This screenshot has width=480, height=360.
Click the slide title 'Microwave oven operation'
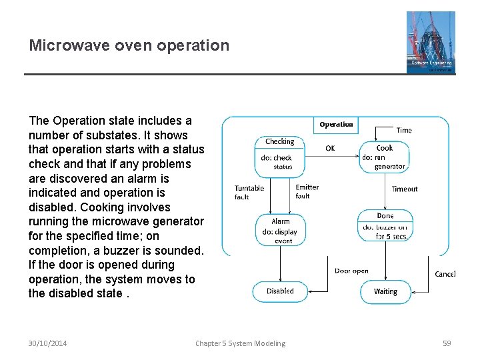pos(129,45)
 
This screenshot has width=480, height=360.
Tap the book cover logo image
pos(431,42)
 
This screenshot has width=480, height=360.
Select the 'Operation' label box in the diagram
pos(336,125)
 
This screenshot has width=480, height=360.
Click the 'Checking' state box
pos(280,154)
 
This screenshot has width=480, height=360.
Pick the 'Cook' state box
pos(384,157)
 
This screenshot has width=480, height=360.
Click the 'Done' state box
pos(385,225)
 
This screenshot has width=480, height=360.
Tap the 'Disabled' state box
pos(280,291)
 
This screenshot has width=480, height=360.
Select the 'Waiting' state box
pos(385,292)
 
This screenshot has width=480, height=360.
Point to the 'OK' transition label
pos(330,148)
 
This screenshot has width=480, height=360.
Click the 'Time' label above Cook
pos(404,131)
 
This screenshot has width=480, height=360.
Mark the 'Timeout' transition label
pos(405,189)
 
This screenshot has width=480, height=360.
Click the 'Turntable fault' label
pos(249,193)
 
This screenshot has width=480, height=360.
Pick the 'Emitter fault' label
pos(307,192)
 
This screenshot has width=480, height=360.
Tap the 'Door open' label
pos(351,271)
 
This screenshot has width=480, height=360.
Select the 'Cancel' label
pos(445,274)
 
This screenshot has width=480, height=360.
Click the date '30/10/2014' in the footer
pos(47,343)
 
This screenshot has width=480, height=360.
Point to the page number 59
pos(447,343)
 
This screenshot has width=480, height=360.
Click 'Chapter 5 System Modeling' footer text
pos(240,343)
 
